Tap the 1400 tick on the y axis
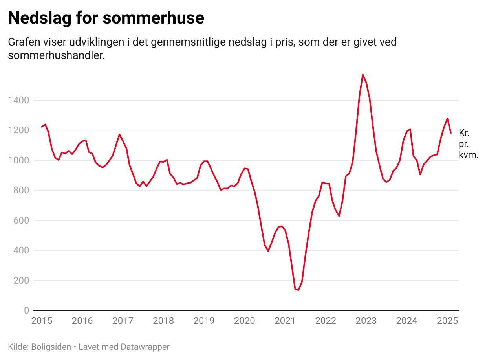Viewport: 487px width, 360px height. pos(18,101)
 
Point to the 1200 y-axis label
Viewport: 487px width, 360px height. pos(18,130)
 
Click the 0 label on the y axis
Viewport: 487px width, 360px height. pos(26,310)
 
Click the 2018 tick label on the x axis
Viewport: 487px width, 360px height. pos(163,321)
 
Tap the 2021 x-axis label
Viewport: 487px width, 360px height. pos(285,321)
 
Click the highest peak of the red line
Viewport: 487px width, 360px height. pos(363,75)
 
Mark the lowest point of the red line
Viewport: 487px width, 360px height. pos(298,290)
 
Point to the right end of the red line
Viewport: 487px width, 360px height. pos(451,133)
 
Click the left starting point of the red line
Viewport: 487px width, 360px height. pos(42,127)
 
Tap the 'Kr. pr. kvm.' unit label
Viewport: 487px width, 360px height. pos(468,144)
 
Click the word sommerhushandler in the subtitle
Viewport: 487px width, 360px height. pos(56,55)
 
